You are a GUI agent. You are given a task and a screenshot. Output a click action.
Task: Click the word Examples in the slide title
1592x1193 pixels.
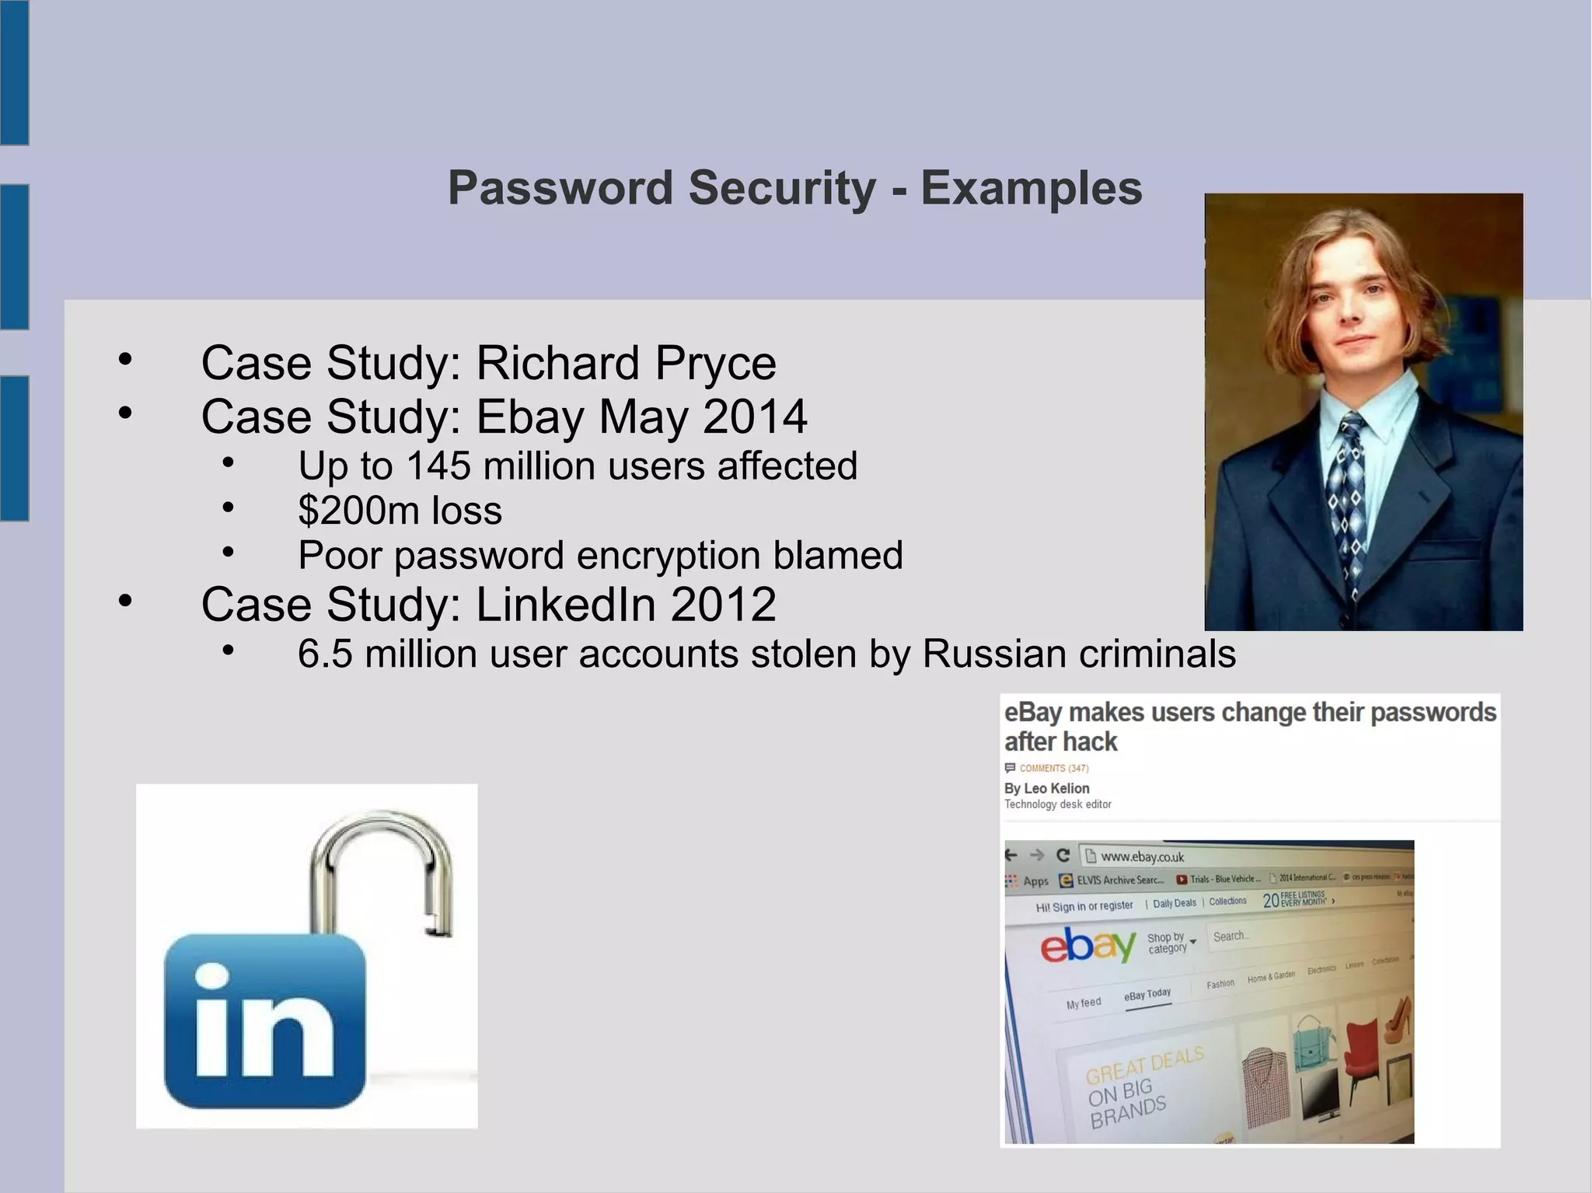coord(1031,189)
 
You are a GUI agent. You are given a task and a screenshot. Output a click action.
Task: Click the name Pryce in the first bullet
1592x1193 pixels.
coord(715,364)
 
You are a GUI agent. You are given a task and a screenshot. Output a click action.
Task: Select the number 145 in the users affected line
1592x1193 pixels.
coord(438,466)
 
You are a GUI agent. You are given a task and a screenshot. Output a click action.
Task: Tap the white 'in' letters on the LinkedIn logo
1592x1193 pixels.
coord(264,1022)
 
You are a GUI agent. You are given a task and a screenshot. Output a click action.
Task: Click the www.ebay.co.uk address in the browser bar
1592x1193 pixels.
coord(1142,856)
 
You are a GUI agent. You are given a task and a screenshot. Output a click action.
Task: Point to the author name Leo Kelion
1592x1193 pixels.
coord(1056,788)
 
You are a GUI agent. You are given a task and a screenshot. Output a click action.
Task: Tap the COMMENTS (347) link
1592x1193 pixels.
coord(1053,768)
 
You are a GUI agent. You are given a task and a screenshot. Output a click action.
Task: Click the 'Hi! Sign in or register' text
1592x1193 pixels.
coord(1084,906)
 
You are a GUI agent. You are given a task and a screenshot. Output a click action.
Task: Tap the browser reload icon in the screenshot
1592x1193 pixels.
coord(1063,856)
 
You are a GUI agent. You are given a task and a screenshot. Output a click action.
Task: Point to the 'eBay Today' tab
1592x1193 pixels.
coord(1147,995)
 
